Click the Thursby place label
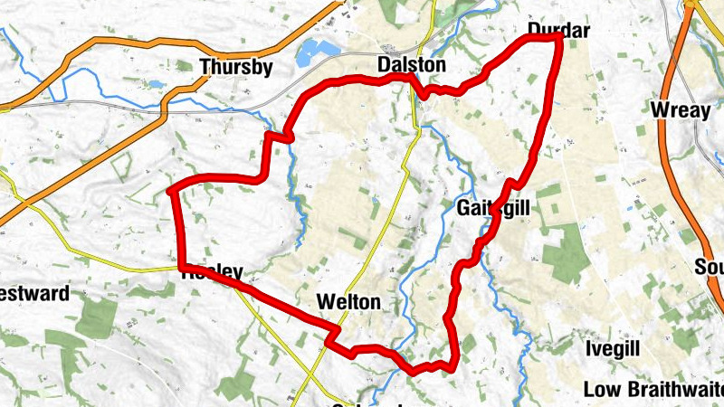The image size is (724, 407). click(236, 66)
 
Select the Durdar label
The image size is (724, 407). click(557, 31)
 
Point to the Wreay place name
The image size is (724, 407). click(678, 110)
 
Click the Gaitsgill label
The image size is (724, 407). click(493, 208)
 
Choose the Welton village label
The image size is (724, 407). click(348, 301)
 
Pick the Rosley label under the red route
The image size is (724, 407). click(213, 271)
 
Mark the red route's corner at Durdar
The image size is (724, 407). click(558, 38)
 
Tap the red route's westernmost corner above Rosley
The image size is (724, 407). click(172, 191)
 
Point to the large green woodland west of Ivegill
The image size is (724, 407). click(566, 249)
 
